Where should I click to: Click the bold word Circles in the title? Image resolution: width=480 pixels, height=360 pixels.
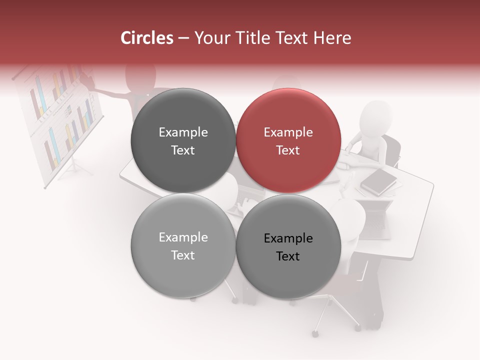coord(147,38)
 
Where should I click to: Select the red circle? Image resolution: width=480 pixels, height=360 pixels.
coord(288,140)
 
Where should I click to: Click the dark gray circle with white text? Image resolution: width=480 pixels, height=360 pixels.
coord(183,140)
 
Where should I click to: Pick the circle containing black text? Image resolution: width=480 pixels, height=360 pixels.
coord(288,246)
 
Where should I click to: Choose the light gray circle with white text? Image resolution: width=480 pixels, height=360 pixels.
coord(183,245)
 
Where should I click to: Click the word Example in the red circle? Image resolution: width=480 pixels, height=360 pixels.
coord(288,132)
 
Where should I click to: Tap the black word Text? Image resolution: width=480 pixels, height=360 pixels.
coord(288,256)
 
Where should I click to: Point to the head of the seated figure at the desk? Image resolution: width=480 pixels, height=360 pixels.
coord(376,116)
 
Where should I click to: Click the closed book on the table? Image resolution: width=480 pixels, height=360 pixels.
coord(378,181)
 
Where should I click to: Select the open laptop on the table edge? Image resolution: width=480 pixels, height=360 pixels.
coord(375,220)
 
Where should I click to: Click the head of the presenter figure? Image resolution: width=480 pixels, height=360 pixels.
coord(140,75)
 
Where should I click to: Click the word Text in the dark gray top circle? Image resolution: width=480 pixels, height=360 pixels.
coord(183,150)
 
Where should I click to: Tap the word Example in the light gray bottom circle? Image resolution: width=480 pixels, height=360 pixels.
coord(183,237)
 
